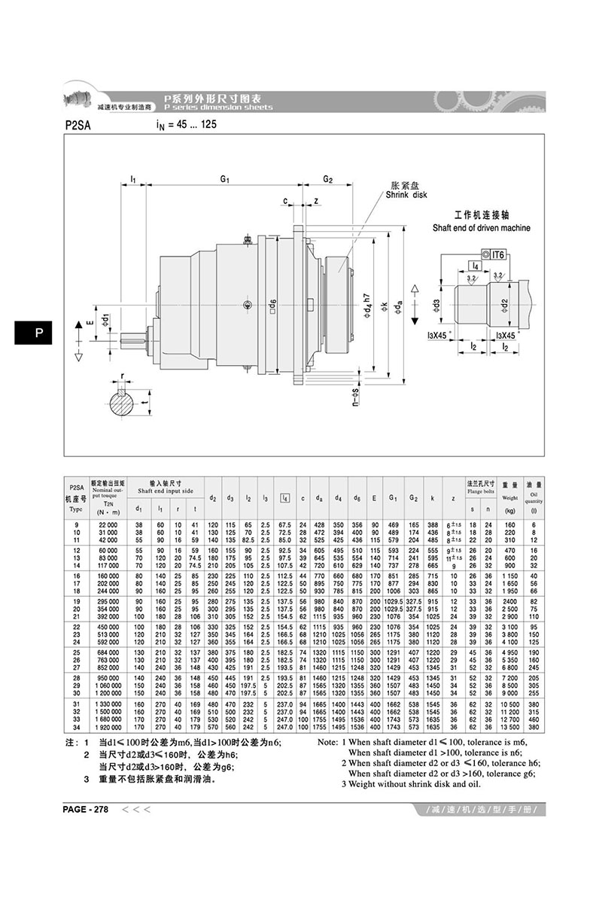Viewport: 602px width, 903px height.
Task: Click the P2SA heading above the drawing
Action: pyautogui.click(x=78, y=126)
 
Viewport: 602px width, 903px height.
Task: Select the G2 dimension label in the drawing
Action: pyautogui.click(x=328, y=179)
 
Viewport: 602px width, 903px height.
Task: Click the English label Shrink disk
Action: pyautogui.click(x=406, y=194)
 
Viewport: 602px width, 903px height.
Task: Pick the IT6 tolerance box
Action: pyautogui.click(x=499, y=256)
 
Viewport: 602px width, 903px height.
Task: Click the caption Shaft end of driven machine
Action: pyautogui.click(x=482, y=228)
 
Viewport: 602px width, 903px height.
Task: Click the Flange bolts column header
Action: pyautogui.click(x=479, y=488)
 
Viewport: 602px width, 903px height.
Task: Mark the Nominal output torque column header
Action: pyautogui.click(x=108, y=494)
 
